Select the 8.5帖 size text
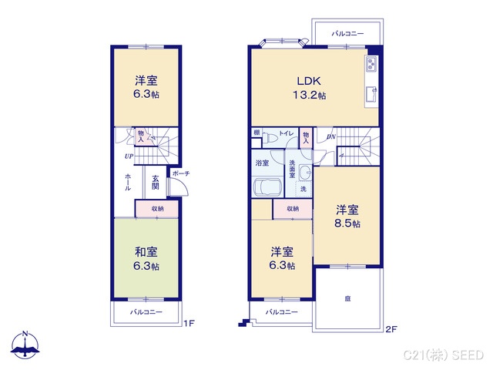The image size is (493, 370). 347,224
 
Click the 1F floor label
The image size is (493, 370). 189,325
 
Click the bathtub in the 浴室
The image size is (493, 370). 263,189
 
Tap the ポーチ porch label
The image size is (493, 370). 181,173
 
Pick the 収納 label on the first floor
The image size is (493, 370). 156,208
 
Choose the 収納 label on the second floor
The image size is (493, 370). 293,208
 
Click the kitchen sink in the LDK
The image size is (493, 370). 371,96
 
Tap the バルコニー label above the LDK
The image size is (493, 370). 347,34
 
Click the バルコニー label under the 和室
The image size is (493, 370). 146,311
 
